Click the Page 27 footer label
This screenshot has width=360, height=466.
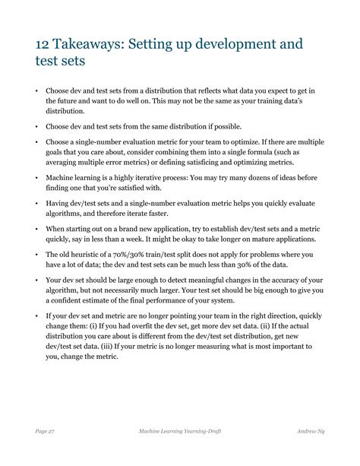[44, 431]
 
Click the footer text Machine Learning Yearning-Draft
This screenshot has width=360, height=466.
[179, 431]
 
